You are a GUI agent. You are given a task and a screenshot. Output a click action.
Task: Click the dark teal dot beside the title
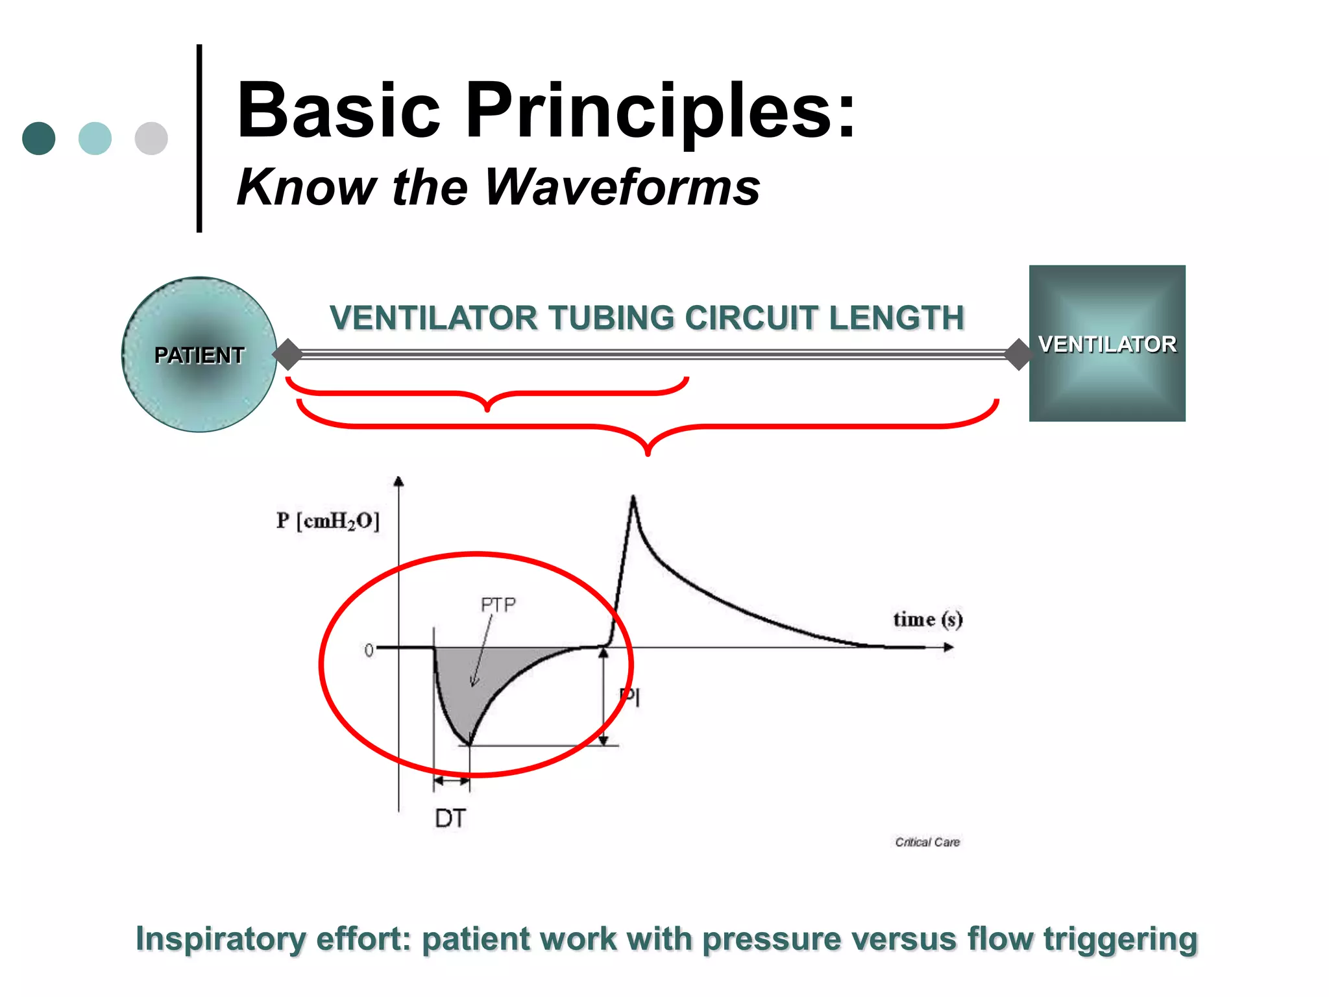coord(38,138)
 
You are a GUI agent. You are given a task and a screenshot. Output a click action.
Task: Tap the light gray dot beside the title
coord(151,138)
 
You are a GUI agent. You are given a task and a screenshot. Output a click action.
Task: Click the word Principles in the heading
coord(661,110)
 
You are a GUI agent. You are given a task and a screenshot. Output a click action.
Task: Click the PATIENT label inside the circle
coord(199,355)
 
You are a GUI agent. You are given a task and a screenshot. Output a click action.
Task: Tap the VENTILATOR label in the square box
coord(1107,344)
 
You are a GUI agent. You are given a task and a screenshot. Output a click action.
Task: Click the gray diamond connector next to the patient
coord(287,354)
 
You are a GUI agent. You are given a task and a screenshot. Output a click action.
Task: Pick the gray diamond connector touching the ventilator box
coord(1019,354)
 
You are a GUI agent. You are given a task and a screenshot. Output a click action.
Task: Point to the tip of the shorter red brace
coord(487,410)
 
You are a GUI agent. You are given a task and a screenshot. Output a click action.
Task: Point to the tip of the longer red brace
coord(648,453)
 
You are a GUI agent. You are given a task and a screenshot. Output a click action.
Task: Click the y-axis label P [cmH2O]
coord(328,521)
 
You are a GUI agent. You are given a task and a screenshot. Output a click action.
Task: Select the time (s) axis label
coord(927,619)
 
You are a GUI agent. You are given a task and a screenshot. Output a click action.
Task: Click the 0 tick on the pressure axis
coord(369,650)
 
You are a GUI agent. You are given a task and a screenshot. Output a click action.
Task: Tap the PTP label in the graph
coord(498,605)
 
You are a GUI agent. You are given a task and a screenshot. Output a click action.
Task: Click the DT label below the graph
coord(450,819)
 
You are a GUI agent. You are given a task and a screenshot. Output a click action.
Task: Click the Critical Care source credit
coord(927,842)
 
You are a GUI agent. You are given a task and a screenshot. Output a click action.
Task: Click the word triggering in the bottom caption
coord(1120,939)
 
